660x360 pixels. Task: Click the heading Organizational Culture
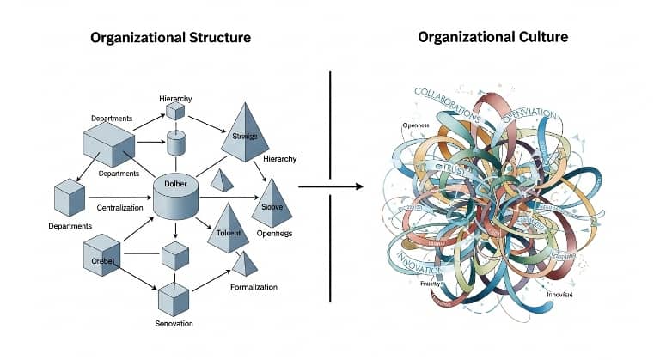point(492,38)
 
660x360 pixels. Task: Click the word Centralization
point(121,208)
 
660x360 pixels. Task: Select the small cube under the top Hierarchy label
point(176,113)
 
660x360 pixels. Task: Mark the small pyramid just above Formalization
point(245,263)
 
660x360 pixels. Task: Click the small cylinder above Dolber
point(176,143)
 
